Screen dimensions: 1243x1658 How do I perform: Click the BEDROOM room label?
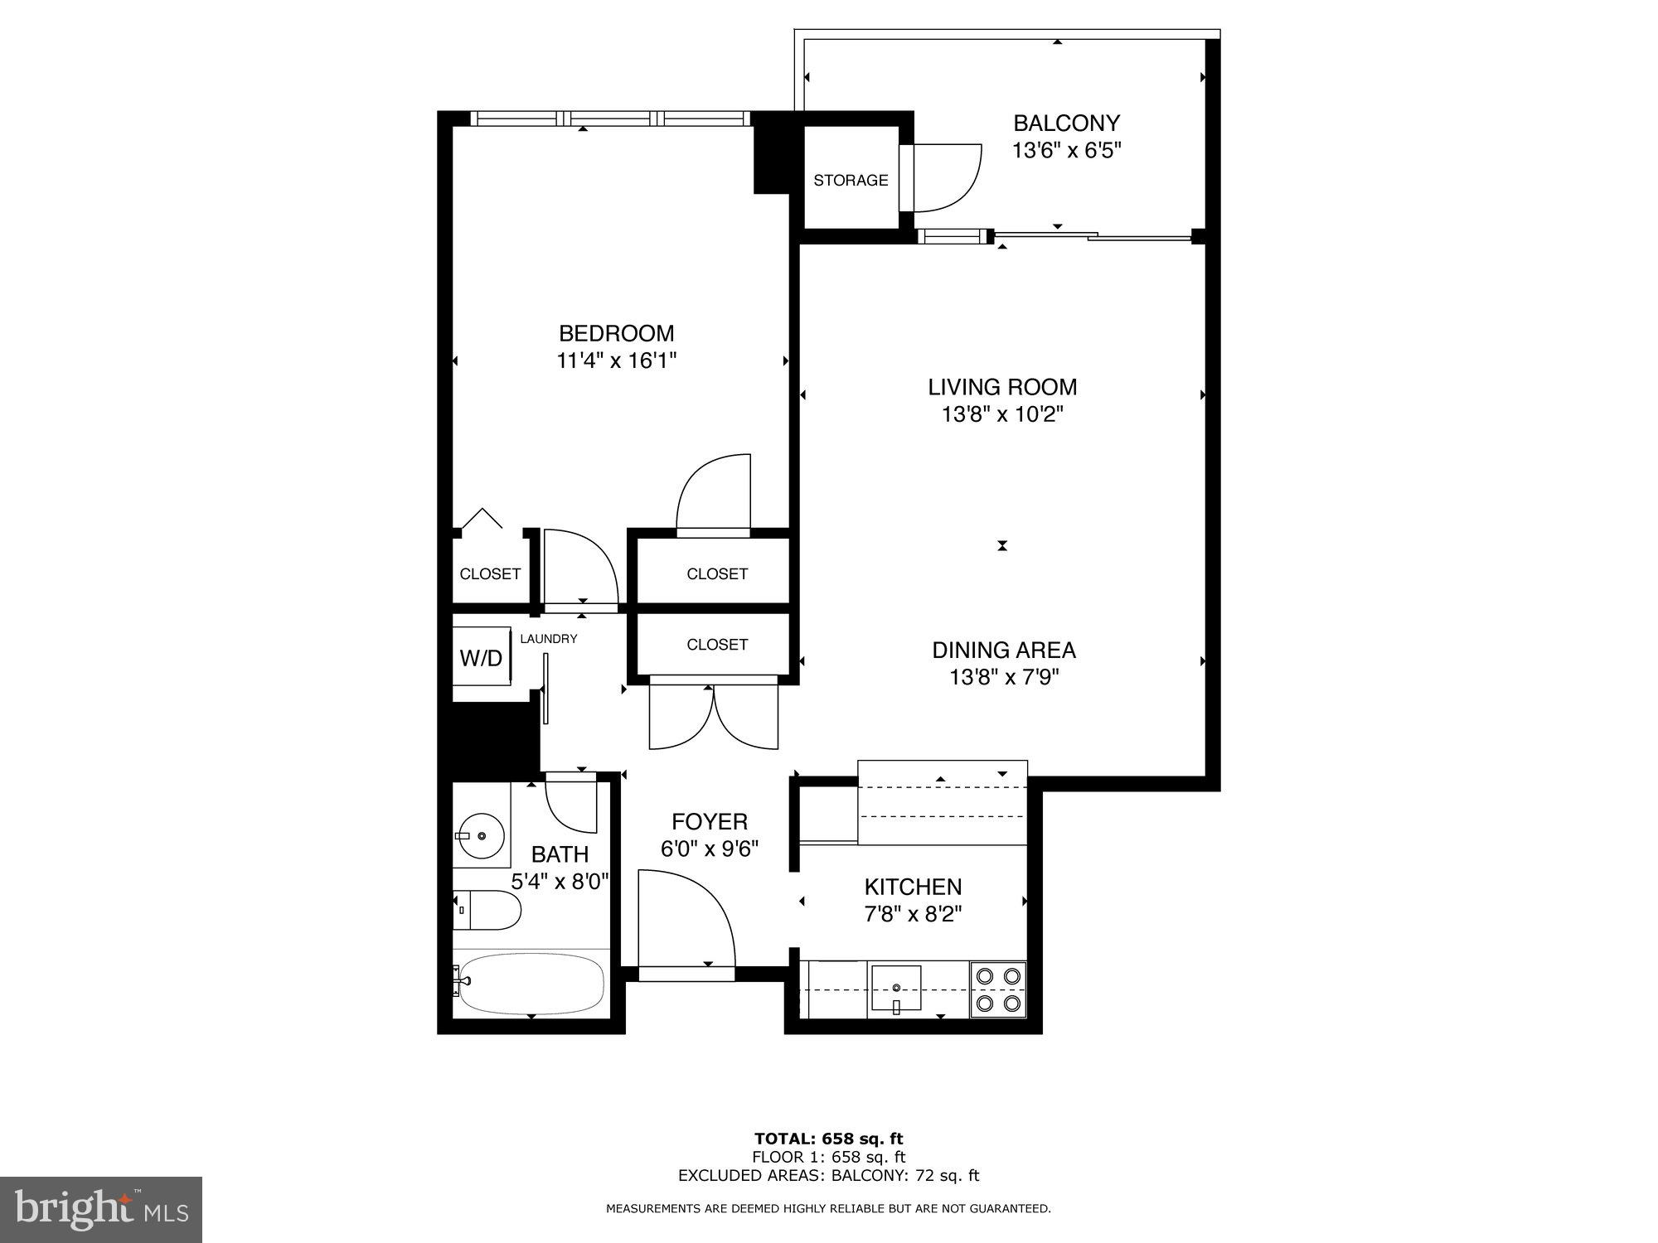pos(616,333)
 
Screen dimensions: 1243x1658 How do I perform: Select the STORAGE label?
pos(850,180)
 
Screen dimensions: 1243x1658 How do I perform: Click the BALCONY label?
pos(1066,123)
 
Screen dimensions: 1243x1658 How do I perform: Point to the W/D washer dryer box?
pos(481,658)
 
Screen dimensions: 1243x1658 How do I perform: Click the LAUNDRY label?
pos(548,639)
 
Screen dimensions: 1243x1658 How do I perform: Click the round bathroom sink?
pos(482,836)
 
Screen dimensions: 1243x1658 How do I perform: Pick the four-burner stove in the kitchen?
pos(998,989)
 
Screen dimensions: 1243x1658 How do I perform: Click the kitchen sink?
pos(895,989)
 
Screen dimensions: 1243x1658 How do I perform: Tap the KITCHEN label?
pos(913,887)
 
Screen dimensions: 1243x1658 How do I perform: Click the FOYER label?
pos(710,821)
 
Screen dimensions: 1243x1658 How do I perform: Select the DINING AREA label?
pos(1004,650)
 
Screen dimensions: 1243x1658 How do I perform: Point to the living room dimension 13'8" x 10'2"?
pos(1002,414)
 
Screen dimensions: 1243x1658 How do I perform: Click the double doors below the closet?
pos(714,714)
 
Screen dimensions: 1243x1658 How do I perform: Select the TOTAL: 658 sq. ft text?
pos(828,1139)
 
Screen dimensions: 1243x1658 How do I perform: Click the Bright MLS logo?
pos(101,1210)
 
